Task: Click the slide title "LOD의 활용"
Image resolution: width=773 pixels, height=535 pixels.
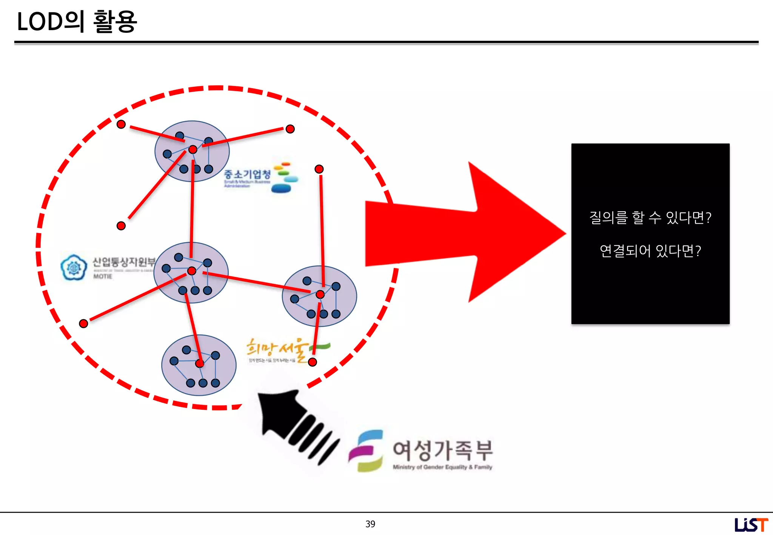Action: pyautogui.click(x=77, y=22)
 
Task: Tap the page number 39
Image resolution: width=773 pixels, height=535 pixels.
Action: pyautogui.click(x=370, y=524)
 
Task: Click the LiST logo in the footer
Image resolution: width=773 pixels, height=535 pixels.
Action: pyautogui.click(x=751, y=524)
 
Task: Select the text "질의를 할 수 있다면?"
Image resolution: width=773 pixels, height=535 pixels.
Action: pyautogui.click(x=650, y=218)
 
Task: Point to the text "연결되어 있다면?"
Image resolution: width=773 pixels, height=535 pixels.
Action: pyautogui.click(x=650, y=251)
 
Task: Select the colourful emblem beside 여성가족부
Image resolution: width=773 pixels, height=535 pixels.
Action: pyautogui.click(x=366, y=451)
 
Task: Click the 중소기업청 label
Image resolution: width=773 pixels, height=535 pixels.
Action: pyautogui.click(x=247, y=174)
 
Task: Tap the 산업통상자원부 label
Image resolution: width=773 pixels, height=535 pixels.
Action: pyautogui.click(x=124, y=261)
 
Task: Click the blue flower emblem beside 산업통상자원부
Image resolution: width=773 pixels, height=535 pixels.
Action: pyautogui.click(x=74, y=267)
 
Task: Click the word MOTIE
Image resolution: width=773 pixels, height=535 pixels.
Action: pyautogui.click(x=103, y=276)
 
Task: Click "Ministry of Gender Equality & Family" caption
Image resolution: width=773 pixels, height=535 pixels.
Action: pyautogui.click(x=442, y=467)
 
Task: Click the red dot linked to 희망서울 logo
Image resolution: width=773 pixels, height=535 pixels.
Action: pyautogui.click(x=313, y=362)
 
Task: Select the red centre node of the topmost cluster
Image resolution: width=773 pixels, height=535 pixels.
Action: pyautogui.click(x=193, y=149)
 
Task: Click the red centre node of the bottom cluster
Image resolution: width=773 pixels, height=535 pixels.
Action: pyautogui.click(x=199, y=363)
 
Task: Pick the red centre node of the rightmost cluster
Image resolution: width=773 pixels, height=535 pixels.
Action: pyautogui.click(x=320, y=294)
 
